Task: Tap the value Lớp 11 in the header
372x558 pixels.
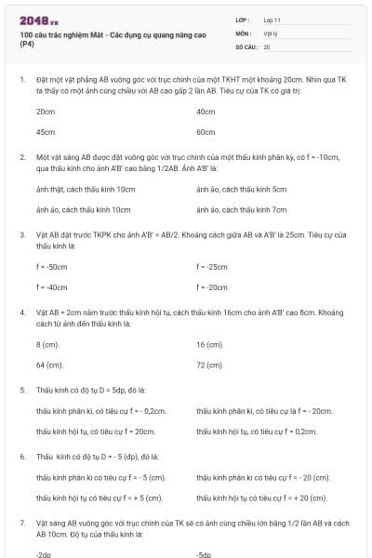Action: pyautogui.click(x=272, y=20)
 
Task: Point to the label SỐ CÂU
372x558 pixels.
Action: pyautogui.click(x=246, y=46)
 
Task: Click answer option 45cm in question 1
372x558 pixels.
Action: pyautogui.click(x=45, y=131)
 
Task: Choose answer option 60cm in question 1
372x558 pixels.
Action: pyautogui.click(x=206, y=131)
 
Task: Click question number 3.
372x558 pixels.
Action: pyautogui.click(x=22, y=235)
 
